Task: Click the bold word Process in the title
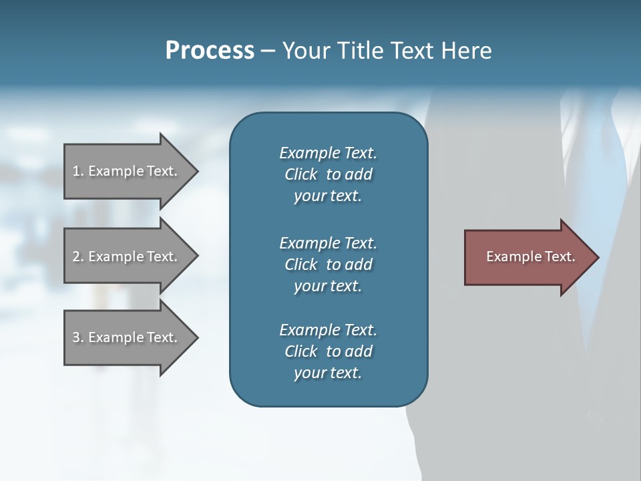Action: pos(210,51)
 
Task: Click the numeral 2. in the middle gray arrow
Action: pos(77,257)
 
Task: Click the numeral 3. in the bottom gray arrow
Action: pos(77,337)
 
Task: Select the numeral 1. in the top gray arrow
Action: pos(77,171)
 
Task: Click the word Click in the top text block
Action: pos(300,174)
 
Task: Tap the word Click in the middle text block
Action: pos(300,265)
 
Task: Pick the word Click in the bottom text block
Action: pos(300,351)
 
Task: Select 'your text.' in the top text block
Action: pos(327,196)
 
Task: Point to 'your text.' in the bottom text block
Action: pos(327,373)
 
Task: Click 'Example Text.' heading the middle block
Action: pos(328,243)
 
